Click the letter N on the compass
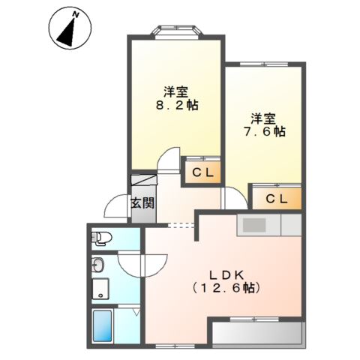coord(76,15)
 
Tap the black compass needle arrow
coord(67,32)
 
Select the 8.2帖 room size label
coord(177,106)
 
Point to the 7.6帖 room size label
coord(265,132)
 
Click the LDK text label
coord(226,275)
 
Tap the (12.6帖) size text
coord(226,288)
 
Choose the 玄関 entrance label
coord(142,203)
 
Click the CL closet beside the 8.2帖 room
coord(202,172)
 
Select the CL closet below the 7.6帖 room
coord(277,199)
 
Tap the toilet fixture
coord(101,238)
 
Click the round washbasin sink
coord(97,265)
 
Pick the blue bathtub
coord(102,325)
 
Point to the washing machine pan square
coord(100,289)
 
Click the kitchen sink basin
coord(254,225)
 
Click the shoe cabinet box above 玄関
coord(144,179)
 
